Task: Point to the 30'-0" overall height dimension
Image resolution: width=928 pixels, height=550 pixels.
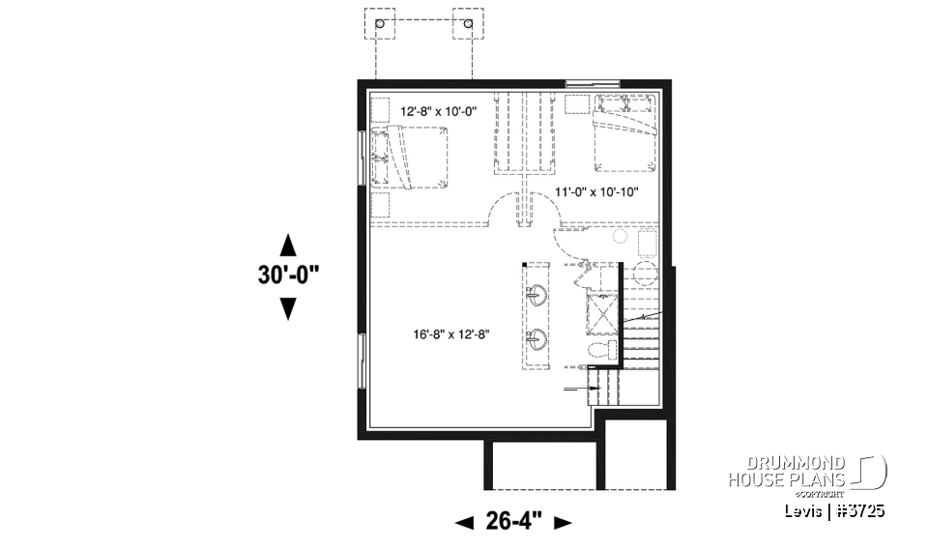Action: point(288,275)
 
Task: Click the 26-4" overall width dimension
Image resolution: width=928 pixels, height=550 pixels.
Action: point(513,522)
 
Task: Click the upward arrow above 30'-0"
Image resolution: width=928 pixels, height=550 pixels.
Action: point(288,242)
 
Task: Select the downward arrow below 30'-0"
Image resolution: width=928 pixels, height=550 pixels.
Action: point(288,308)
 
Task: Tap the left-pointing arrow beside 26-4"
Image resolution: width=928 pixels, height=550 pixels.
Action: point(464,523)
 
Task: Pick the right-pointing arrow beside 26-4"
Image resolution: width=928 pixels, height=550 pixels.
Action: point(563,523)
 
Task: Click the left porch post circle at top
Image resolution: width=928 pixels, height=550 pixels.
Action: point(380,23)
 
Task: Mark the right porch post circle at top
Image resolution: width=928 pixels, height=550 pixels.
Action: point(469,23)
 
